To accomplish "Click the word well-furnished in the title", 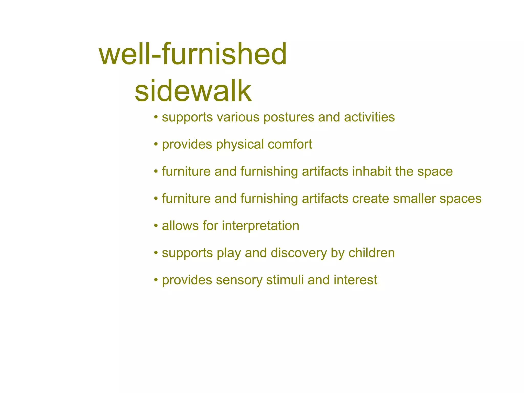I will point(193,54).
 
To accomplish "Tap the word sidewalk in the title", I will point(193,91).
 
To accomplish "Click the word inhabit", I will point(372,171).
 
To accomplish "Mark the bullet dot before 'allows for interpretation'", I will point(156,226).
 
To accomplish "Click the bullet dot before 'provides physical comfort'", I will point(156,145).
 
